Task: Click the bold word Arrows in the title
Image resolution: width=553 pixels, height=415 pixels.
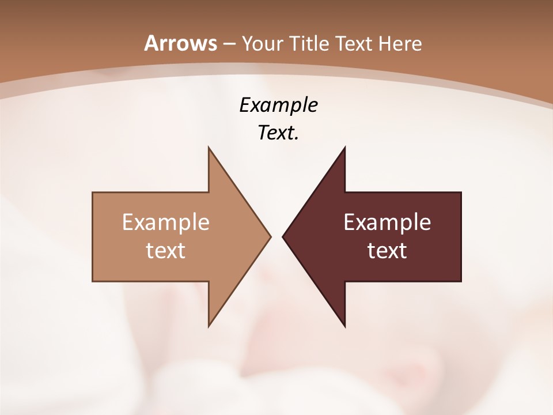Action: [x=180, y=43]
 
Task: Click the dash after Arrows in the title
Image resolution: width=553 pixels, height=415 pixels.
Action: [x=229, y=44]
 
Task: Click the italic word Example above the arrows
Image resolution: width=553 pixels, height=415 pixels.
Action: [x=278, y=105]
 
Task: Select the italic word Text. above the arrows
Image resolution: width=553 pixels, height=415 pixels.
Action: [x=278, y=133]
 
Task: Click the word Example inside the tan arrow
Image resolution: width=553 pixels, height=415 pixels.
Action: [x=166, y=222]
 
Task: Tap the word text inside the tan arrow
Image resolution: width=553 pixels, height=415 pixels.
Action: [x=166, y=250]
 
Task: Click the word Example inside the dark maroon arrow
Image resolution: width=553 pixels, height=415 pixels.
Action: [x=387, y=222]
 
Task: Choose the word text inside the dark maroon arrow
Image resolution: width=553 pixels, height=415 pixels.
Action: [x=387, y=250]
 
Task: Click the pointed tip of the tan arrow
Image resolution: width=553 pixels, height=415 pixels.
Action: [x=271, y=236]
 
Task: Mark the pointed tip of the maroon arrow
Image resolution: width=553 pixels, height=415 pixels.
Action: [x=282, y=236]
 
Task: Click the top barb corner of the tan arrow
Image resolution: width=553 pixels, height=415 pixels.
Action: [x=209, y=146]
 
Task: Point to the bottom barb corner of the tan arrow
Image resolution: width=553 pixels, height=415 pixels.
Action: [x=209, y=327]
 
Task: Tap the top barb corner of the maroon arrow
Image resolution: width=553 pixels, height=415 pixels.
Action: [x=344, y=146]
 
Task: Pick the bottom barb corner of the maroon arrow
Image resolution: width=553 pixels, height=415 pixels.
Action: [x=344, y=327]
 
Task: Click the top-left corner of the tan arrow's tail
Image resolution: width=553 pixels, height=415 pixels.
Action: [x=93, y=192]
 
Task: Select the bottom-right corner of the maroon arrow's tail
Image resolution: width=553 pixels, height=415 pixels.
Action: [x=461, y=281]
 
